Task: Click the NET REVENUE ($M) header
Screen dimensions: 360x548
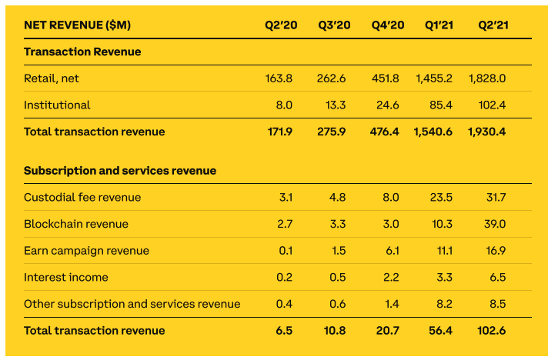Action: [x=77, y=25]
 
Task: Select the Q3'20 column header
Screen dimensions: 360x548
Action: [x=334, y=25]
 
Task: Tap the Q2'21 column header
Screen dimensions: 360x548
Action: [x=493, y=25]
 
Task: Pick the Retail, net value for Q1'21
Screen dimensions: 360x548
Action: [x=434, y=78]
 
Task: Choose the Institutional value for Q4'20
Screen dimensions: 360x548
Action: [x=387, y=105]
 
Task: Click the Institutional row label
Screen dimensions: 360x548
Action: [x=57, y=105]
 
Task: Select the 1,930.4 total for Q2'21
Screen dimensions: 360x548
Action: [x=486, y=132]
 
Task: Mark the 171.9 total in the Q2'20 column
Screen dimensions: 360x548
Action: [x=279, y=132]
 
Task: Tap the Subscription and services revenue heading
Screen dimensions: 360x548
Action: [x=120, y=171]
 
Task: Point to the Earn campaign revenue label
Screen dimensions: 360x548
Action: [x=86, y=251]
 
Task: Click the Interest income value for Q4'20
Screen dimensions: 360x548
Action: [x=390, y=277]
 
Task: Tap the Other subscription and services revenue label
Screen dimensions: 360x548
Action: [x=132, y=304]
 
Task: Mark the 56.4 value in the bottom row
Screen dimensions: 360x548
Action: [x=439, y=331]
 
